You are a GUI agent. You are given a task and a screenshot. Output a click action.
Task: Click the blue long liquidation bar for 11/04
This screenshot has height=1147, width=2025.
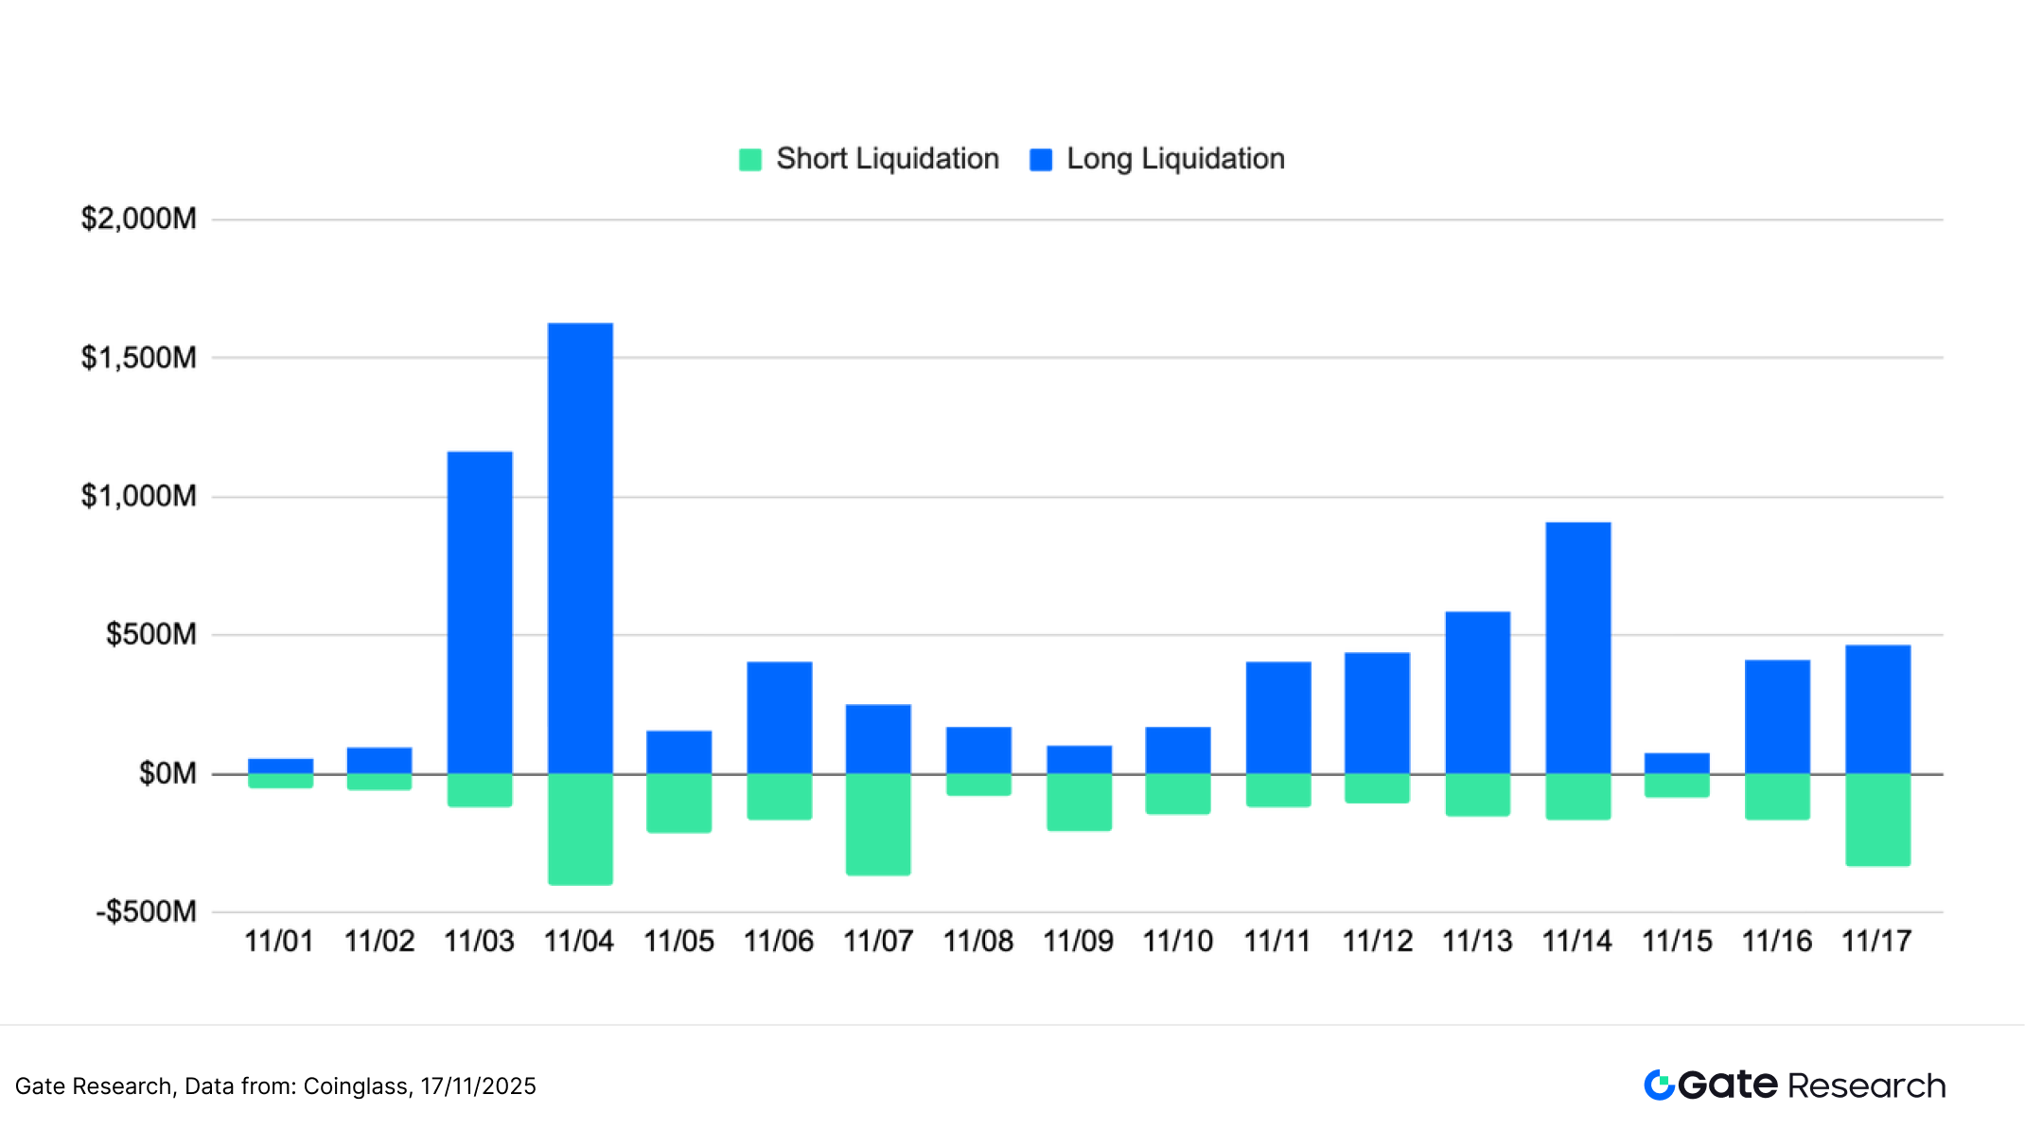click(x=580, y=548)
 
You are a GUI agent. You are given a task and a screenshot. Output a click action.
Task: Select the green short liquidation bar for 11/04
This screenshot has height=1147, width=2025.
click(x=580, y=829)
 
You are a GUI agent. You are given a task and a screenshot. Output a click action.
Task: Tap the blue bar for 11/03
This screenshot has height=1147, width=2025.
click(x=480, y=612)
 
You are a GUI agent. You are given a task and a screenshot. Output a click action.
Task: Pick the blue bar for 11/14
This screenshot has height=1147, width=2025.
click(x=1577, y=647)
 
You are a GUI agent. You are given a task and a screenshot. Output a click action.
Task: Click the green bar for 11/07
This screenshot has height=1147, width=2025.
click(x=878, y=824)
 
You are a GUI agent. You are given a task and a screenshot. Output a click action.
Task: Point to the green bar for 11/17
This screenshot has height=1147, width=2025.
click(x=1877, y=820)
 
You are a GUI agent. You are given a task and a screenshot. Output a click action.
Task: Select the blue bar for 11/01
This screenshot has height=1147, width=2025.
click(x=281, y=766)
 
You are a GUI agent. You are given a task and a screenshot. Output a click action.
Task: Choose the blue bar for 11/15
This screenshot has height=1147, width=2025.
click(x=1677, y=763)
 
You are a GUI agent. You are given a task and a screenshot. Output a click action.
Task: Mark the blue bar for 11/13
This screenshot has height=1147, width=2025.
click(x=1477, y=693)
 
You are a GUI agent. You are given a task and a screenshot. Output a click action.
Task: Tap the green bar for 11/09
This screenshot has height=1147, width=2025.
click(x=1079, y=803)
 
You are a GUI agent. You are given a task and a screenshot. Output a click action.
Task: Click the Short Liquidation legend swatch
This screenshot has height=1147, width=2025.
click(x=750, y=160)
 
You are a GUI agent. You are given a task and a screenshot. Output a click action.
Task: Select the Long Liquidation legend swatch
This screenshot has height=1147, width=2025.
click(x=1041, y=160)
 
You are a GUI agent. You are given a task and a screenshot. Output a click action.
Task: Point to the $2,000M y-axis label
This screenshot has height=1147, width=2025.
click(x=139, y=219)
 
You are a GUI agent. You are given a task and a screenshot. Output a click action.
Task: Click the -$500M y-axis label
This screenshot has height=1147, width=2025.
click(x=146, y=911)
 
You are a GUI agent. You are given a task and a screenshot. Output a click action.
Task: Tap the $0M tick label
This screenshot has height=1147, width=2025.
click(x=167, y=773)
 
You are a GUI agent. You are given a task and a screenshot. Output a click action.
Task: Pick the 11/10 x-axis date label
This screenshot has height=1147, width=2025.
click(x=1177, y=941)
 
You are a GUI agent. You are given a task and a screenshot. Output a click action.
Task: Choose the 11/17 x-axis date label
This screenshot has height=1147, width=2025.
click(x=1876, y=941)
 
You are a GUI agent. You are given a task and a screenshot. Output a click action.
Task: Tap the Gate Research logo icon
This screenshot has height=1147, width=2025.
click(x=1659, y=1085)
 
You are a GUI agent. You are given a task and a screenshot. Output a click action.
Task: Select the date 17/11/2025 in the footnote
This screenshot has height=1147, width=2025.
click(x=478, y=1085)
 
